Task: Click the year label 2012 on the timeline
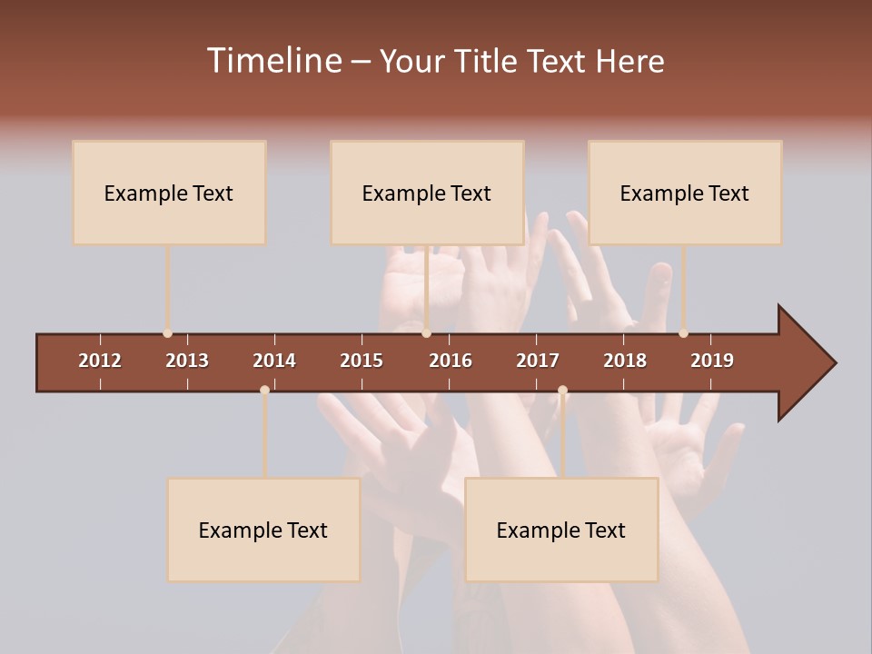(x=100, y=361)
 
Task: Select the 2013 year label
(x=187, y=361)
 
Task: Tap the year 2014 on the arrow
(x=274, y=361)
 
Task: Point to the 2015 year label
(x=362, y=361)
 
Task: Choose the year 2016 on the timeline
(x=451, y=361)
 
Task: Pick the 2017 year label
(x=538, y=361)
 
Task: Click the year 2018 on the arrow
(x=625, y=361)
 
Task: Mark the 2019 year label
(x=712, y=361)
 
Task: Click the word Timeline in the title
(x=272, y=61)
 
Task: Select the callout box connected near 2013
(x=169, y=193)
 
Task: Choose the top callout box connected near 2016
(x=427, y=193)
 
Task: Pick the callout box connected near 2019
(x=685, y=193)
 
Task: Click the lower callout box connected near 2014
(x=263, y=530)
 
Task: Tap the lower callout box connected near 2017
(x=561, y=530)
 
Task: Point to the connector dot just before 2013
(x=167, y=333)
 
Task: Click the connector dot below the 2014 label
(x=264, y=391)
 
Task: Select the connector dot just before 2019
(x=683, y=333)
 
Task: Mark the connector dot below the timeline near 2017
(x=562, y=391)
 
